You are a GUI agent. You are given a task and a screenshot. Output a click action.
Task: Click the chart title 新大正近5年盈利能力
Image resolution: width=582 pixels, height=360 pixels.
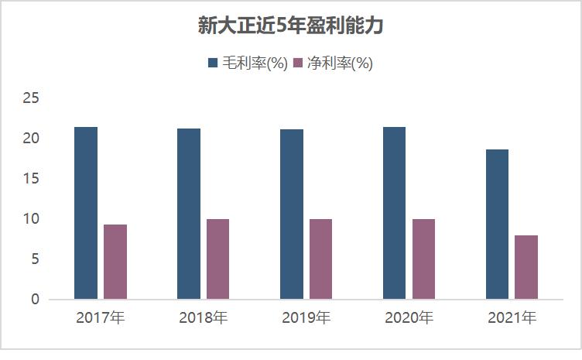[x=291, y=26]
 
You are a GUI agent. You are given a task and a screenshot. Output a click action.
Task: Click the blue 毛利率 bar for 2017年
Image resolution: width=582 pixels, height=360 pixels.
[x=86, y=213]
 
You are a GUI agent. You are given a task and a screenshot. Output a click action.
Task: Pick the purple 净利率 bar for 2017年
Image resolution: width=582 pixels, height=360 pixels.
[x=115, y=262]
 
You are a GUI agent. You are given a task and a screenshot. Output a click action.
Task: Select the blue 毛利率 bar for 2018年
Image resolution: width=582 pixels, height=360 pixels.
[x=189, y=214]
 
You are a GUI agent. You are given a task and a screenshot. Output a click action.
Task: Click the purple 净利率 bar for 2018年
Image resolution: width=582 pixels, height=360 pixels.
[x=218, y=259]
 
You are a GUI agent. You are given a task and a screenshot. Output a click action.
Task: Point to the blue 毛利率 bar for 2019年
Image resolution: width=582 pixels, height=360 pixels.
[x=292, y=214]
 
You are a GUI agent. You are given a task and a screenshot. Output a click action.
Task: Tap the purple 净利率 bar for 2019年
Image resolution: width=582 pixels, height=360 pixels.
[x=321, y=259]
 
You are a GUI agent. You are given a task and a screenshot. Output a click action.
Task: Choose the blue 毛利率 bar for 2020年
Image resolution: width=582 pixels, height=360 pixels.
[x=394, y=213]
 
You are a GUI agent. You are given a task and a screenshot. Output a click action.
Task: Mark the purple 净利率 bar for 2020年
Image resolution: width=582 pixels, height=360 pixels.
[x=423, y=259]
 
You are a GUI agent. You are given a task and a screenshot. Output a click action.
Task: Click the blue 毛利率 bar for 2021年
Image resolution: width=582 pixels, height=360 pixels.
[x=497, y=225]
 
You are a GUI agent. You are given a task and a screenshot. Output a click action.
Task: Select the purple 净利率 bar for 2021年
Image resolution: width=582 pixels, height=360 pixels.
[x=526, y=267]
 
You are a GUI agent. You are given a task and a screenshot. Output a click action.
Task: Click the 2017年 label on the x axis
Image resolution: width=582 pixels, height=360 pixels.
[x=101, y=317]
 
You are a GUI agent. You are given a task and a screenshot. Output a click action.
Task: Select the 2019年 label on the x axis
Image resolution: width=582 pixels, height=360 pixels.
[x=306, y=317]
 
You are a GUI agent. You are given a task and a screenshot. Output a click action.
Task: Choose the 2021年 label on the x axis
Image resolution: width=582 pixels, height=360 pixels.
[x=512, y=317]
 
